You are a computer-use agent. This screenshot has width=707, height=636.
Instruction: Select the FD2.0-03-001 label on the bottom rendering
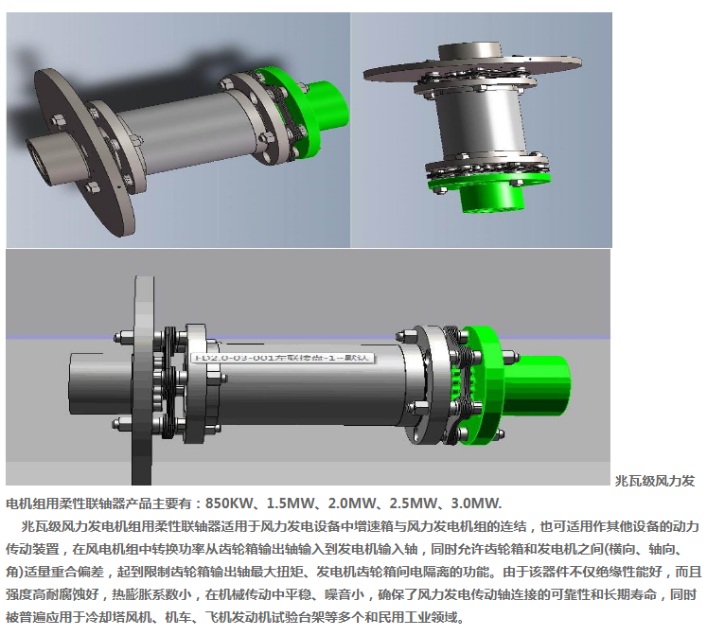click(x=284, y=359)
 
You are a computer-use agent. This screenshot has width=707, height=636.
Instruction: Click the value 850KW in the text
click(x=229, y=503)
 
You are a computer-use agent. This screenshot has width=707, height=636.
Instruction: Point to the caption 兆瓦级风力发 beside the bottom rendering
click(x=655, y=481)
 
